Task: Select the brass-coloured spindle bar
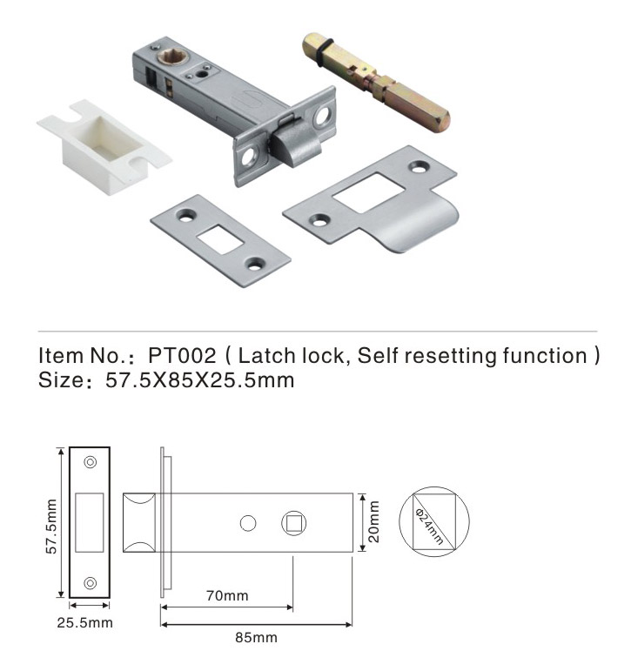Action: pos(376,82)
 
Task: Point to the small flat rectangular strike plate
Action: pos(220,240)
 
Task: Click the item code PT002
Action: pos(182,355)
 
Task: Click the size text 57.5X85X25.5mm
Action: pos(200,380)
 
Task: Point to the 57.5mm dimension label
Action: pos(51,526)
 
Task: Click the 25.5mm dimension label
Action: pos(84,622)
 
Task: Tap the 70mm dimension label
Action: pos(227,595)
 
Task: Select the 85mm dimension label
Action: pos(256,637)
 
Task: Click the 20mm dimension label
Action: pos(373,522)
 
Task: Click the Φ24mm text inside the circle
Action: pos(429,526)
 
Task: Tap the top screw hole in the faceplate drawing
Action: pos(90,462)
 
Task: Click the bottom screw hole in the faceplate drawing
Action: pos(90,583)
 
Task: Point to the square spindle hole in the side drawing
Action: pos(293,523)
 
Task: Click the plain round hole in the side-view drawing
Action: pos(248,523)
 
